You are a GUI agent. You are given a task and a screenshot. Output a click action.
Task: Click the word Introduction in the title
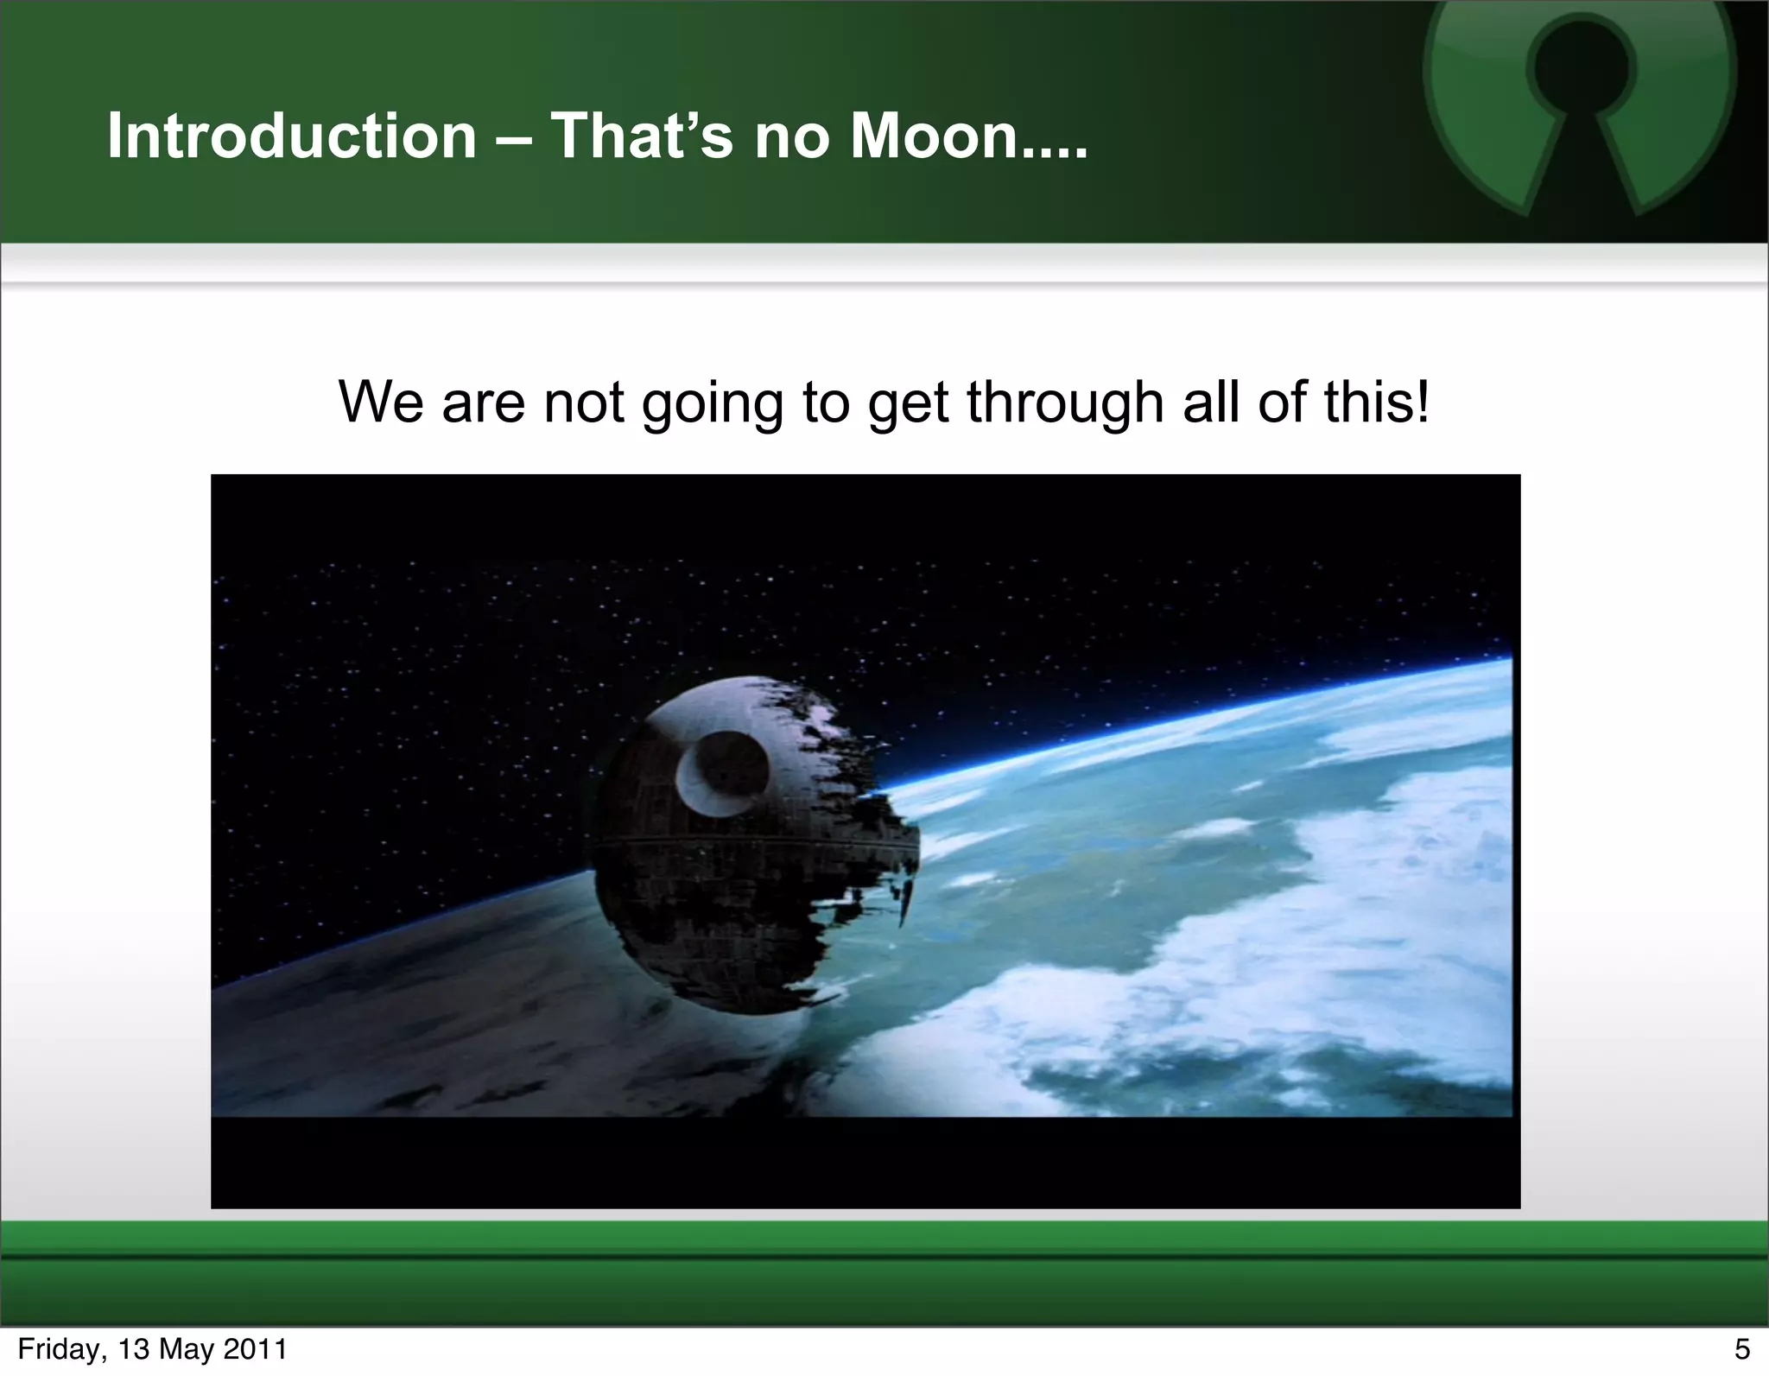[x=292, y=136]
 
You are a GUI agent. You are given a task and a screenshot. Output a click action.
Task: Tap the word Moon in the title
[x=934, y=136]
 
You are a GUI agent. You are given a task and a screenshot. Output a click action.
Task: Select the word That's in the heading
[x=642, y=136]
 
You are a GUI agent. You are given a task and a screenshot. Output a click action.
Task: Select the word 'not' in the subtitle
[x=583, y=403]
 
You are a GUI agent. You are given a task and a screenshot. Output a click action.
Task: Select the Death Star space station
[x=751, y=847]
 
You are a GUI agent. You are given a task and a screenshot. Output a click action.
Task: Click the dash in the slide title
[x=514, y=138]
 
